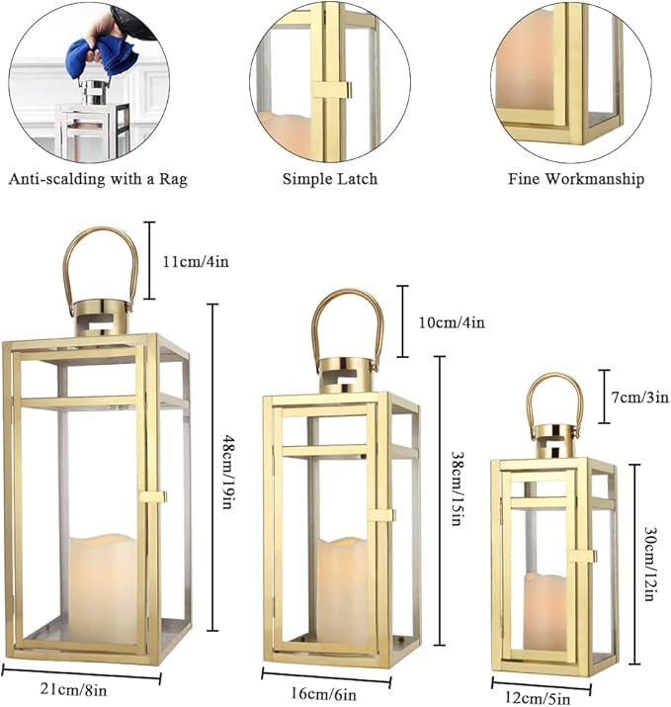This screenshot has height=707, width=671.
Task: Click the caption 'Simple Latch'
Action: pyautogui.click(x=330, y=179)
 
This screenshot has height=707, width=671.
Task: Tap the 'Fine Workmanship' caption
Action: pyautogui.click(x=576, y=179)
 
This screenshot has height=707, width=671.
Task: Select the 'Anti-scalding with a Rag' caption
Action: pyautogui.click(x=98, y=179)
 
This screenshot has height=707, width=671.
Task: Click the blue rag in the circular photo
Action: pyautogui.click(x=101, y=54)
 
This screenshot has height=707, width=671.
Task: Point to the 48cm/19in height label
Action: pyautogui.click(x=228, y=472)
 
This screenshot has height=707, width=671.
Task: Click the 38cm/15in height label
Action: pyautogui.click(x=458, y=488)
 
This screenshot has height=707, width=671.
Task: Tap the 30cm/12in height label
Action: pyautogui.click(x=650, y=564)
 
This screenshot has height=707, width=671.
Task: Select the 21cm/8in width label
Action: pyautogui.click(x=74, y=689)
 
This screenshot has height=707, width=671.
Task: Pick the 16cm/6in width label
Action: pyautogui.click(x=323, y=693)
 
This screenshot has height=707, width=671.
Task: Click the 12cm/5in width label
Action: pyautogui.click(x=538, y=698)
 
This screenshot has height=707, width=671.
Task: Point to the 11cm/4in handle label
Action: pyautogui.click(x=196, y=261)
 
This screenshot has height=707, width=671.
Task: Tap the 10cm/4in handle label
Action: pyautogui.click(x=452, y=322)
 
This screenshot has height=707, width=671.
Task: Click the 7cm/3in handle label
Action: pyautogui.click(x=640, y=398)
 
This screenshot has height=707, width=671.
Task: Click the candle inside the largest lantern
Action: pyautogui.click(x=103, y=588)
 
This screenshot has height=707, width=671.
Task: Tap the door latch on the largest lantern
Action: pyautogui.click(x=153, y=497)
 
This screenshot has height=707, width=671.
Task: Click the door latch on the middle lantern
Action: pyautogui.click(x=381, y=515)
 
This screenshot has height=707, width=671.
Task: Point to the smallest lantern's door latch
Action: pyautogui.click(x=582, y=556)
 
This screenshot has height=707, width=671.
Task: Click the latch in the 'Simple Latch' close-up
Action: pyautogui.click(x=333, y=89)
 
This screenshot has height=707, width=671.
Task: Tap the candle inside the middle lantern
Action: pyautogui.click(x=342, y=591)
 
